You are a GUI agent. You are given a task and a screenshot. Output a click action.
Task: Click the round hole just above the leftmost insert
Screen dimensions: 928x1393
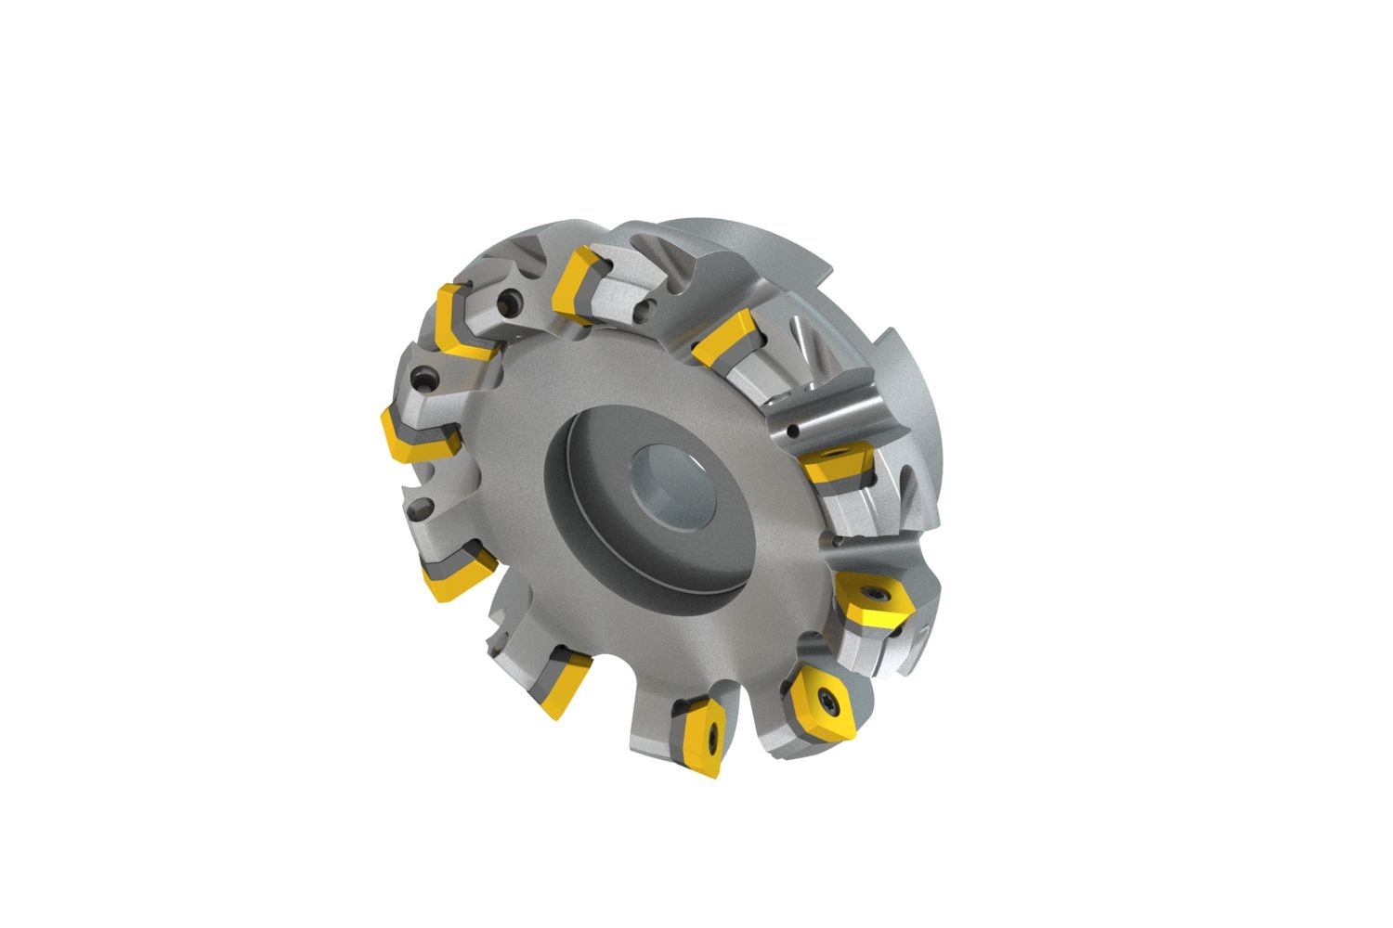[x=426, y=380]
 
